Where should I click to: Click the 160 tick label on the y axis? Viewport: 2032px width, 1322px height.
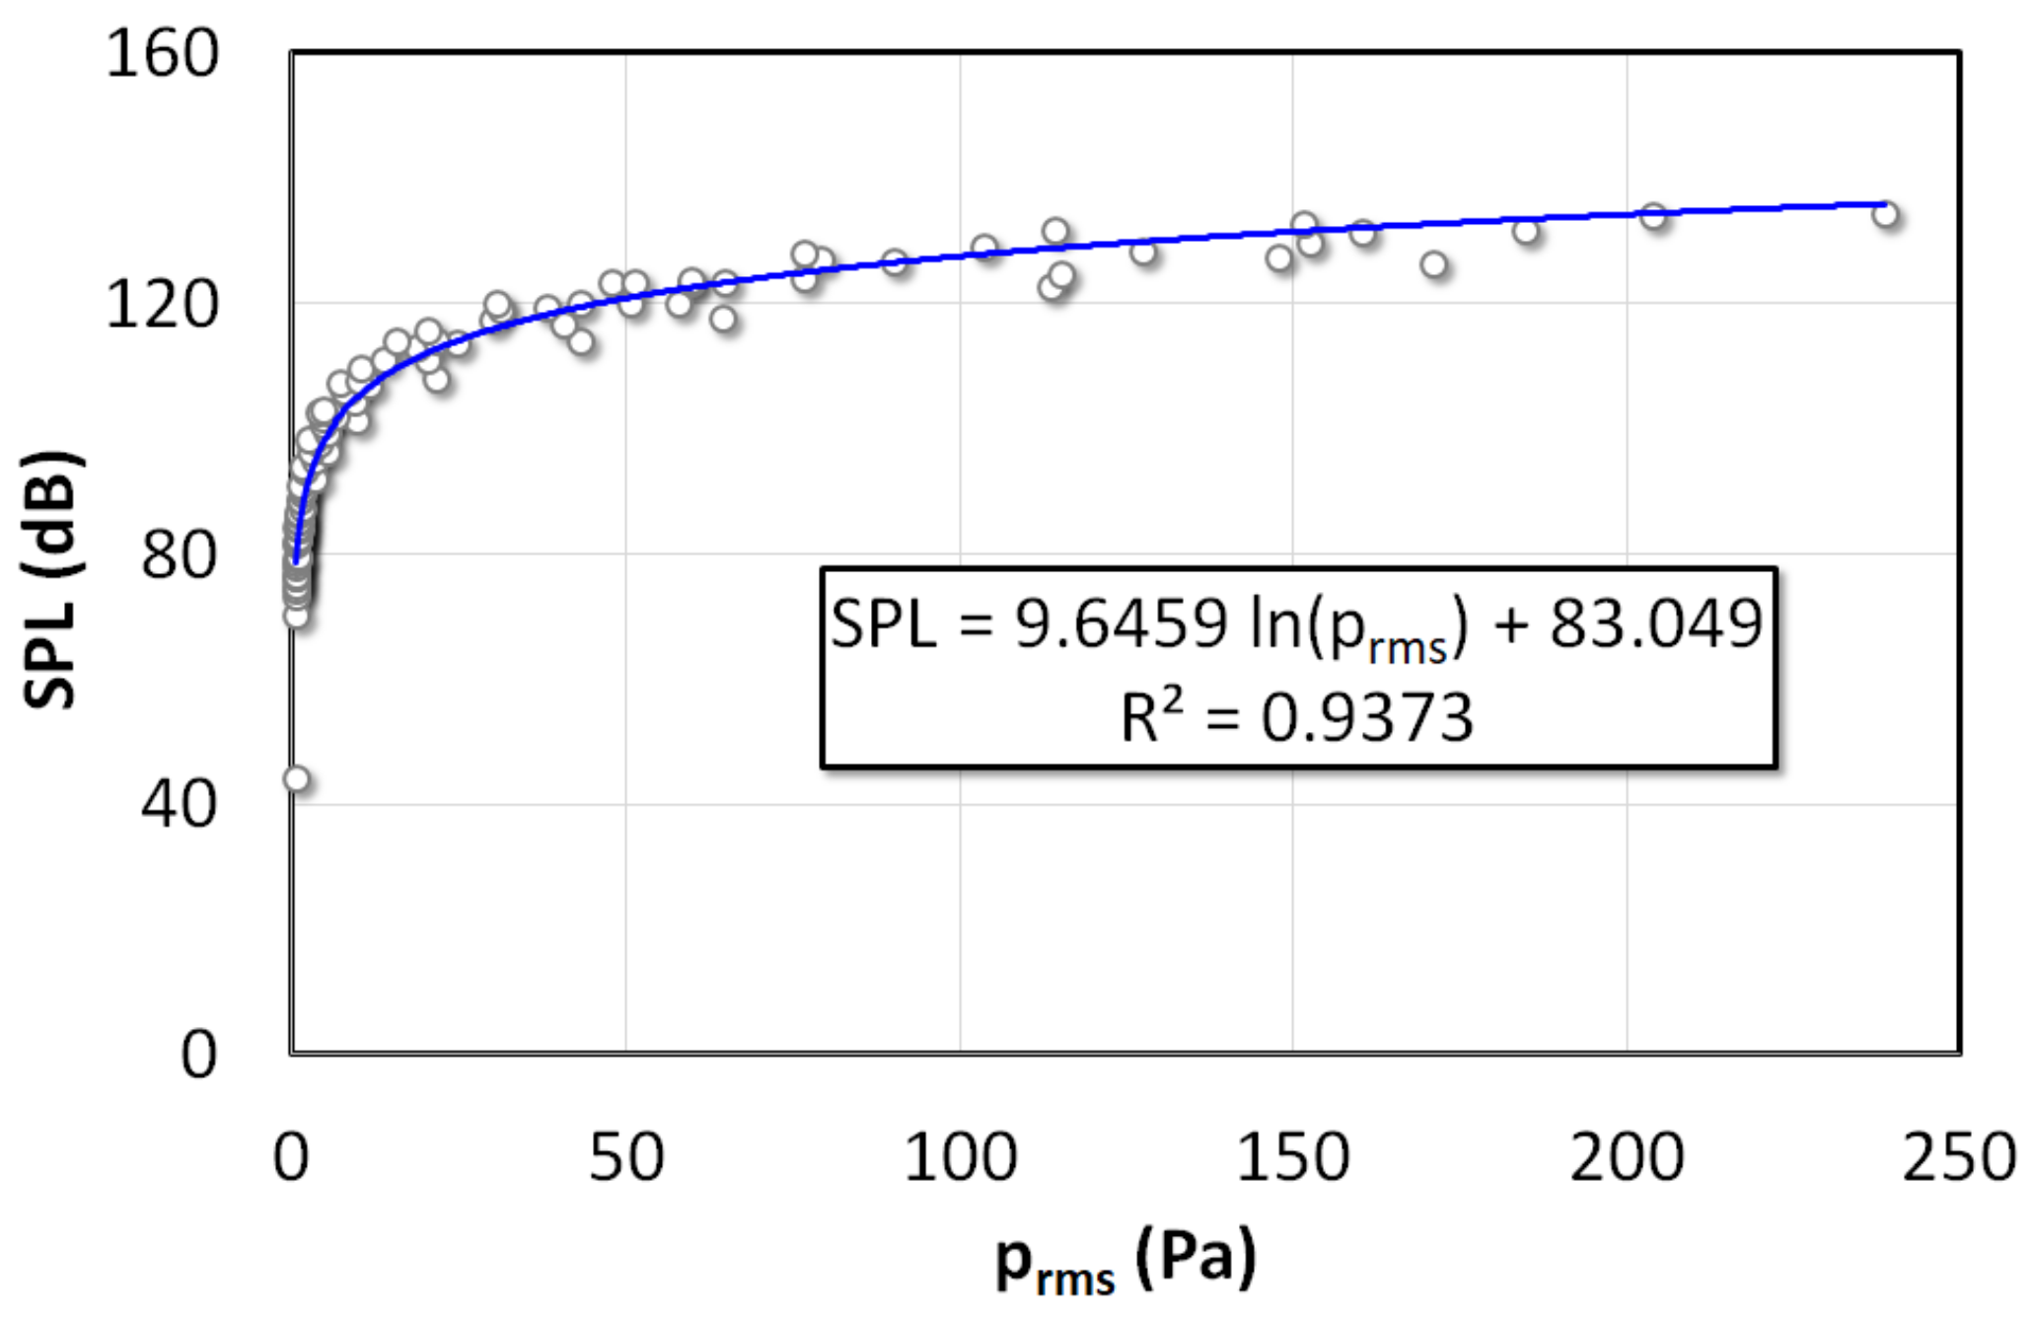pos(161,53)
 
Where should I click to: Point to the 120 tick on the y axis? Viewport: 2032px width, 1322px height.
pos(161,304)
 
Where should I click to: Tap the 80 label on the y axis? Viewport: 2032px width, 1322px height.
pos(178,554)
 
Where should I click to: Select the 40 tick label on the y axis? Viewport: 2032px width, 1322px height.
pos(178,804)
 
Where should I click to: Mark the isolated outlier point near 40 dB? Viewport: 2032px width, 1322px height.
pos(296,779)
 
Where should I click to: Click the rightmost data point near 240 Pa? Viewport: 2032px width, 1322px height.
pos(1885,214)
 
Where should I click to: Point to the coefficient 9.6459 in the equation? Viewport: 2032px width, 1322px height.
pos(1121,624)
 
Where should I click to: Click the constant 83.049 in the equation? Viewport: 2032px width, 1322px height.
pos(1655,624)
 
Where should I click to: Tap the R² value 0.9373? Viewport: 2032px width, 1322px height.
pos(1366,718)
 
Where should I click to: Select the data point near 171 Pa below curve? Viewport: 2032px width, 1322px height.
pos(1433,264)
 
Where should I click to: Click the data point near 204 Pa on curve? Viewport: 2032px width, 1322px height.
pos(1653,215)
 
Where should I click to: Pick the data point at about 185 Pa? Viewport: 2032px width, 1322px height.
pos(1526,231)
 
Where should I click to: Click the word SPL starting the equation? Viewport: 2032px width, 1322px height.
pos(883,624)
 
